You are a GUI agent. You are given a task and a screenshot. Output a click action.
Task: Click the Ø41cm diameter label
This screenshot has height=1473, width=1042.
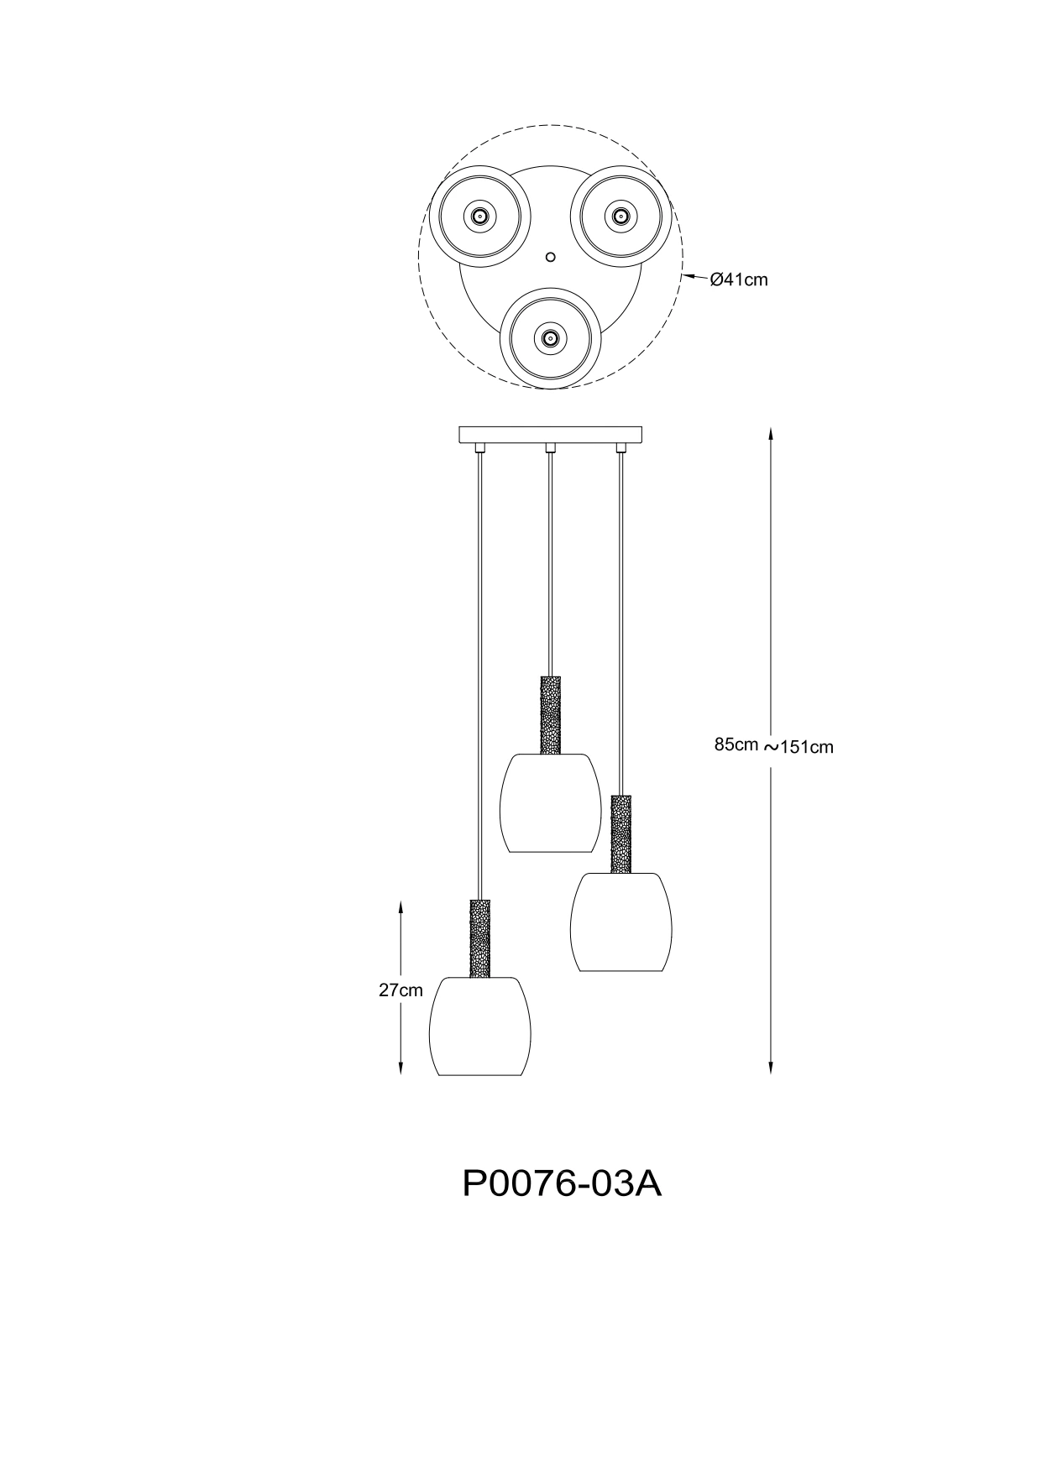pyautogui.click(x=739, y=280)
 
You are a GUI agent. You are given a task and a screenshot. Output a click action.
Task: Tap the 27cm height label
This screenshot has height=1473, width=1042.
pyautogui.click(x=401, y=990)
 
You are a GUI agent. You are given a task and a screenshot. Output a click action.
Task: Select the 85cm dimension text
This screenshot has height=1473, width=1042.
pyautogui.click(x=736, y=744)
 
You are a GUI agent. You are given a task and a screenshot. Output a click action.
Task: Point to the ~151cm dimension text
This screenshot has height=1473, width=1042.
pyautogui.click(x=799, y=747)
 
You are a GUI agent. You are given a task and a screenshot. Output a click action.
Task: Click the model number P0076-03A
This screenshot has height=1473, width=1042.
pyautogui.click(x=563, y=1184)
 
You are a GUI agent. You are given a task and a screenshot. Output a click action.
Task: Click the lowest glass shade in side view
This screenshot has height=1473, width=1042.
pyautogui.click(x=480, y=1026)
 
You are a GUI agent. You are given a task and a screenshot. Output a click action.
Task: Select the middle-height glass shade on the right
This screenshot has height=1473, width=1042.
pyautogui.click(x=621, y=922)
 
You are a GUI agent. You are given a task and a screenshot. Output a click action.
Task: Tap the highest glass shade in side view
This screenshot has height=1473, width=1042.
pyautogui.click(x=551, y=803)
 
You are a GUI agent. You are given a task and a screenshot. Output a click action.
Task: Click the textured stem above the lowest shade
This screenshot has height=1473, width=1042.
pyautogui.click(x=480, y=938)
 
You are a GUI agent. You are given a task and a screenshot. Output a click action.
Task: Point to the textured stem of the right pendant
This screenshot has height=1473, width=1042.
pyautogui.click(x=621, y=834)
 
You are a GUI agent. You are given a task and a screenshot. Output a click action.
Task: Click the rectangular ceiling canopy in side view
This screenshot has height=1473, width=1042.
pyautogui.click(x=551, y=435)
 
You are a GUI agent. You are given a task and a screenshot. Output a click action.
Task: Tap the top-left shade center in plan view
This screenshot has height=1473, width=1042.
pyautogui.click(x=479, y=216)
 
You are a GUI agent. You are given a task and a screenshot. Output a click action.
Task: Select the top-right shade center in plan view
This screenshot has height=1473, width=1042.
pyautogui.click(x=620, y=216)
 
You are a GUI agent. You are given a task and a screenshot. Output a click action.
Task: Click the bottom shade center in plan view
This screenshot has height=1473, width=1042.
pyautogui.click(x=550, y=339)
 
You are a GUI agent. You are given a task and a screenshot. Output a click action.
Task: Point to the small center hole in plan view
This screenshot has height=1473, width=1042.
pyautogui.click(x=550, y=255)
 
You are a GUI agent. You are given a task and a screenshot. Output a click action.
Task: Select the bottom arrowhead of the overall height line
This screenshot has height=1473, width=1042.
pyautogui.click(x=771, y=1067)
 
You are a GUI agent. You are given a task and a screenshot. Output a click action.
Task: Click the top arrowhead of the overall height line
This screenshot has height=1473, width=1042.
pyautogui.click(x=771, y=435)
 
